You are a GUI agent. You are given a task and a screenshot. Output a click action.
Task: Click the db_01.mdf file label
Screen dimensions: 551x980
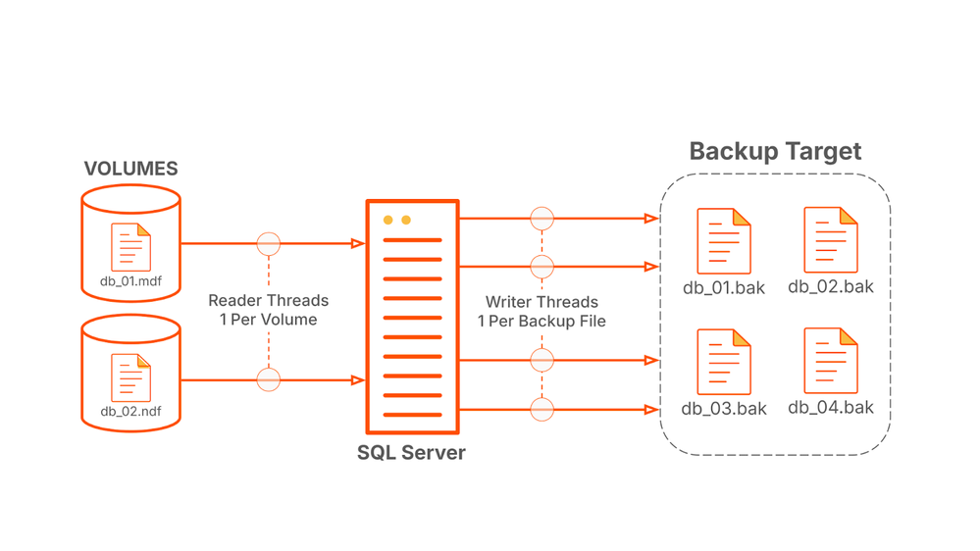130,282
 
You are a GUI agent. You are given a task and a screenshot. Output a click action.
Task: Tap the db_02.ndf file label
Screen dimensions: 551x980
130,411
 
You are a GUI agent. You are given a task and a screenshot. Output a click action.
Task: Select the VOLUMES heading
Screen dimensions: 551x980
130,169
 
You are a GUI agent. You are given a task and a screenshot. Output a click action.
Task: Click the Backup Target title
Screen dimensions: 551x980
775,151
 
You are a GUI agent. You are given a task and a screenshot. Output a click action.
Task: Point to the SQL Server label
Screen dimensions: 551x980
411,453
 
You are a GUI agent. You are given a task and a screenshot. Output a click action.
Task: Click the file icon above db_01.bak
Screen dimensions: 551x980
724,241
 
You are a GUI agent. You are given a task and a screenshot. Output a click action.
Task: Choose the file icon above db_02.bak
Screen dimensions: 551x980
831,240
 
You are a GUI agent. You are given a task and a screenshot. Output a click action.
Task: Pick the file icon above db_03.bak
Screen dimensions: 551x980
724,362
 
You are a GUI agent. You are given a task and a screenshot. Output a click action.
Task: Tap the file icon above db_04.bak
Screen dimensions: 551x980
831,361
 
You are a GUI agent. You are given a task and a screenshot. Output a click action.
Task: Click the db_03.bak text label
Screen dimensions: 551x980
724,408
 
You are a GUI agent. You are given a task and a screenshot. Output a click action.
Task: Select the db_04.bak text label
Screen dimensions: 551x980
831,407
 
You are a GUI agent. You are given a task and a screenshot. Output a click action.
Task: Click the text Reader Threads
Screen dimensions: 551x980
268,301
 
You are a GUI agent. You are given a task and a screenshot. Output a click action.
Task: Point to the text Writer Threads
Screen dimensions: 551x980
542,302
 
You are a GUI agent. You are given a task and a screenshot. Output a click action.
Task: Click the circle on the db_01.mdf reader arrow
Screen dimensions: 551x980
268,243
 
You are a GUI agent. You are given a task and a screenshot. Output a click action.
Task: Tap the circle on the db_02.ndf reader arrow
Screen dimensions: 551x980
268,379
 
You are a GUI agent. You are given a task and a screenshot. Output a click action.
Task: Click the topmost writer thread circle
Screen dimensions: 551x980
542,219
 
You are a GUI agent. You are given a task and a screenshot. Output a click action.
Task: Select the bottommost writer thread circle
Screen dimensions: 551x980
542,409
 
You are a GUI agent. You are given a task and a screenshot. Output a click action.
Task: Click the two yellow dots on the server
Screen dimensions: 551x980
397,221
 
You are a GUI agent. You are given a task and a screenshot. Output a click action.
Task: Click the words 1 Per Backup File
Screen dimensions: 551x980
542,322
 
